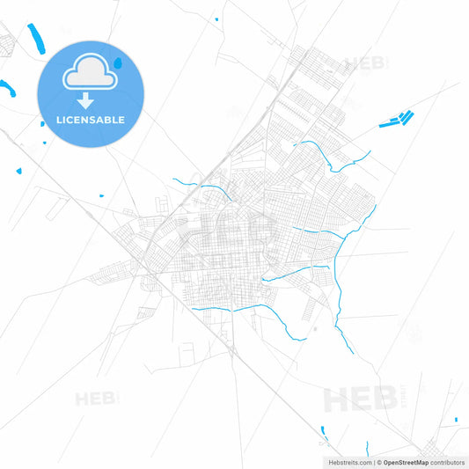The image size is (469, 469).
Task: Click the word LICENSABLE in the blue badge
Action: click(90, 120)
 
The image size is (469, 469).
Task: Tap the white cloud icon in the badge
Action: click(89, 74)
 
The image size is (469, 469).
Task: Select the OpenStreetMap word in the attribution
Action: click(406, 461)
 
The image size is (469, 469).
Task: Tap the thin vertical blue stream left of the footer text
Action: click(324, 432)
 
